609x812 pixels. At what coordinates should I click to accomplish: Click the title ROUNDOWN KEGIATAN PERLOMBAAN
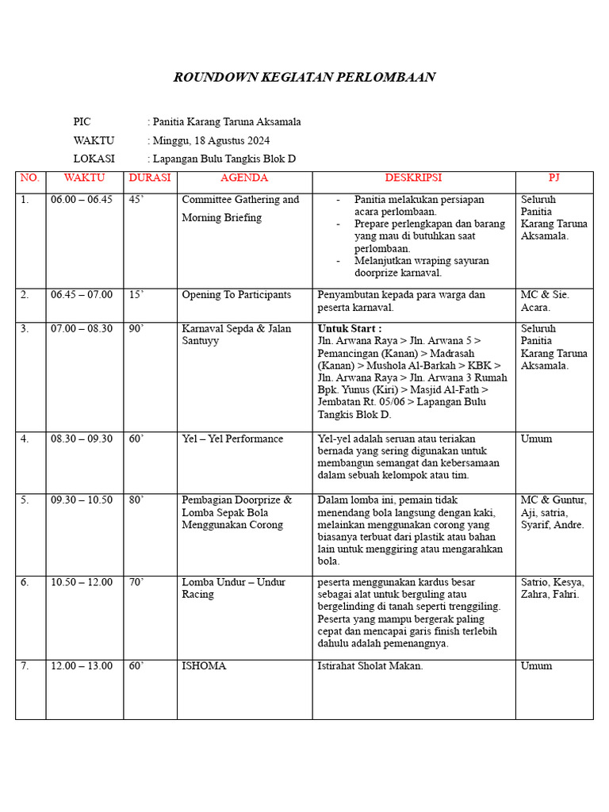coord(304,77)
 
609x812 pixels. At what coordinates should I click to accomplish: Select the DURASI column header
coord(150,178)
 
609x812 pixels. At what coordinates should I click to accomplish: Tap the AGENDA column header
coord(244,178)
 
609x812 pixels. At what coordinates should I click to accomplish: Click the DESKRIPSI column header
coord(413,178)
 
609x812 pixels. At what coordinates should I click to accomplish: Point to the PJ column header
coord(553,178)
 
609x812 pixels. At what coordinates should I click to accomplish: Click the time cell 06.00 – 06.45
coord(82,200)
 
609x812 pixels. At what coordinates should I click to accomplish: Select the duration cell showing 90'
coord(136,328)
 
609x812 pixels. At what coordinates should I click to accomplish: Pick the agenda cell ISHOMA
coord(204,666)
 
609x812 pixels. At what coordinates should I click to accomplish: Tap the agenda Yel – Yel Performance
coord(232,439)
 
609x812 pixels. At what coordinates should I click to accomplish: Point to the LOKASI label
coord(94,159)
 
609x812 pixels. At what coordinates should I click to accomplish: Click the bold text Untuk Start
coord(349,328)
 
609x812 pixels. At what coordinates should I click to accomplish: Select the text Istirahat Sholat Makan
coord(370,666)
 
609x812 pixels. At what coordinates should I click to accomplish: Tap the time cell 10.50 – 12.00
coord(82,582)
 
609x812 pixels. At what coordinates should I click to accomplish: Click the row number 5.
coord(25,500)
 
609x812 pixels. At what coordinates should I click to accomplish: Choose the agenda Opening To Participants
coord(236,295)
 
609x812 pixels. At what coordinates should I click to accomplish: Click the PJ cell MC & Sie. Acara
coord(545,301)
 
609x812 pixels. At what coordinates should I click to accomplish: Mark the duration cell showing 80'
coord(136,500)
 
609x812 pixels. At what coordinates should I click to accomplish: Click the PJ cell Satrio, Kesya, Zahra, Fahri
coord(550,588)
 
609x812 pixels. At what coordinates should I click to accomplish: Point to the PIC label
coord(82,122)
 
